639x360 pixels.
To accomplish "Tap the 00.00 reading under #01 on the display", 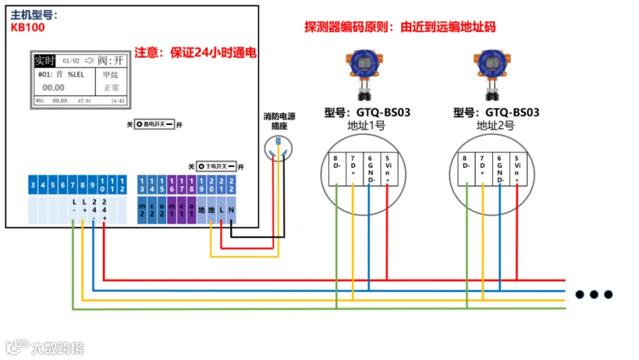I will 53,87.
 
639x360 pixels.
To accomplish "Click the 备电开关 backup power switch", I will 154,124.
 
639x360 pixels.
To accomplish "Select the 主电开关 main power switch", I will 216,166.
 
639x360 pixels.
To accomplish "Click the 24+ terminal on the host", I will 104,209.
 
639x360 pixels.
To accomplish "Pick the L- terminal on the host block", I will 73,209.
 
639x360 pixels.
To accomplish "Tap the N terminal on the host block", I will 232,210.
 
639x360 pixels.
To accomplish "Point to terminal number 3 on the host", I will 33,186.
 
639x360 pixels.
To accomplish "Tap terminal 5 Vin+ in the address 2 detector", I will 516,170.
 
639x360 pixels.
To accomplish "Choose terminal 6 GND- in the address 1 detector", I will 369,170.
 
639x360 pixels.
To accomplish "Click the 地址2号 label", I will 495,126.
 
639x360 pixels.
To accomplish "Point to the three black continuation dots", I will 593,294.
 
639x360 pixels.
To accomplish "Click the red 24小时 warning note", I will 196,53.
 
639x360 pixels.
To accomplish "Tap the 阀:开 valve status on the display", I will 110,60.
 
